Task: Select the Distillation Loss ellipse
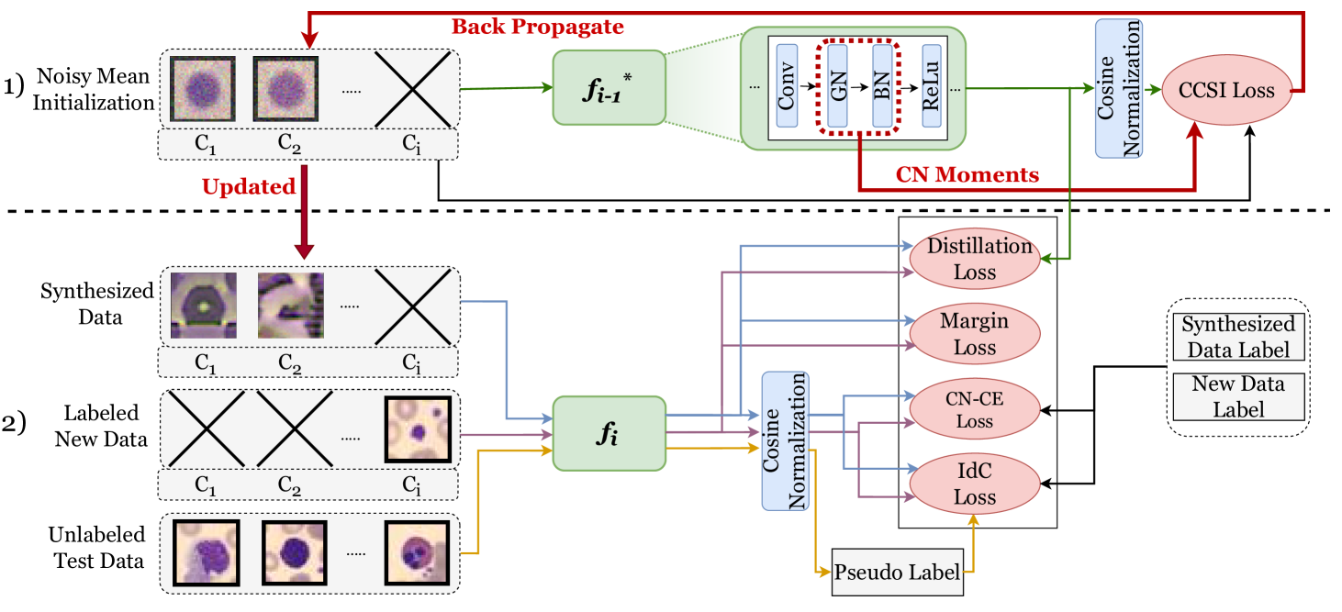[x=974, y=260]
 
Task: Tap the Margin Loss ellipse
[x=974, y=335]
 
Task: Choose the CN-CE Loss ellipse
[x=974, y=410]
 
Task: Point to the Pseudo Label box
[x=898, y=573]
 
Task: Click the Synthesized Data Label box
[x=1237, y=337]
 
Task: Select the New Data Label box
[x=1237, y=396]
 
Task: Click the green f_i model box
[x=608, y=433]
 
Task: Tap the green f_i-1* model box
[x=608, y=87]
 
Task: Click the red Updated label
[x=248, y=187]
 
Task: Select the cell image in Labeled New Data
[x=418, y=429]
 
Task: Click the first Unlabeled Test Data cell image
[x=207, y=553]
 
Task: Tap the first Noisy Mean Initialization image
[x=204, y=90]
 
